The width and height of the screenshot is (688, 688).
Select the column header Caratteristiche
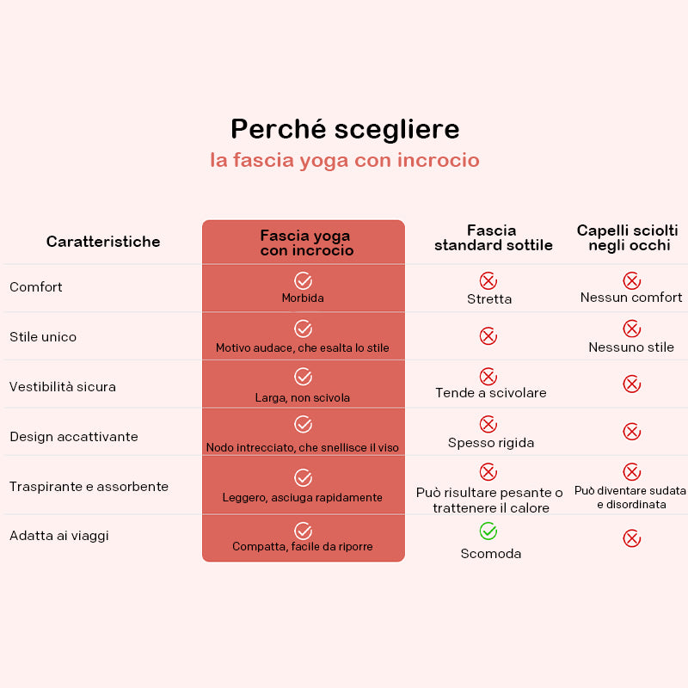[x=103, y=242]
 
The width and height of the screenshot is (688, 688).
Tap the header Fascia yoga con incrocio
[x=306, y=243]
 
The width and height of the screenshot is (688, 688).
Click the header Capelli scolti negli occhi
[x=628, y=237]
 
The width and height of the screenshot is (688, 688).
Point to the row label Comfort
[x=36, y=287]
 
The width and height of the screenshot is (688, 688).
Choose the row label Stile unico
[x=43, y=336]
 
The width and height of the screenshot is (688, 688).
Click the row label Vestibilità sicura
[x=63, y=386]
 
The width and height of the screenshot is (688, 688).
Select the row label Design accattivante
[x=74, y=437]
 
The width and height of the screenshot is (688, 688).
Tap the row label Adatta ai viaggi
[x=59, y=536]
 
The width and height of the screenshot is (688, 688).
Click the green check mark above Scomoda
[x=488, y=531]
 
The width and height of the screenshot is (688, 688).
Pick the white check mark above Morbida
[x=303, y=281]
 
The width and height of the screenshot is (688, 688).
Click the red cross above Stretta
[x=488, y=281]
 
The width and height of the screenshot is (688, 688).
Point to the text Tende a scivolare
[x=491, y=393]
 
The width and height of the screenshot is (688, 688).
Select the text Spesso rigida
[x=491, y=443]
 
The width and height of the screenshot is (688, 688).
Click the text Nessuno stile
[x=631, y=347]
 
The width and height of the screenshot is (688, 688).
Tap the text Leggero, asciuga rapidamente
[x=303, y=497]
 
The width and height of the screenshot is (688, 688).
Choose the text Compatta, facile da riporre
[x=303, y=546]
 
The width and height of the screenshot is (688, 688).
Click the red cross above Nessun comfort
[x=632, y=281]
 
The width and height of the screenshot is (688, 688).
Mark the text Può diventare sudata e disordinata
[x=630, y=498]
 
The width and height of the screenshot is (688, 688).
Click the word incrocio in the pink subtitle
[x=439, y=160]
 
